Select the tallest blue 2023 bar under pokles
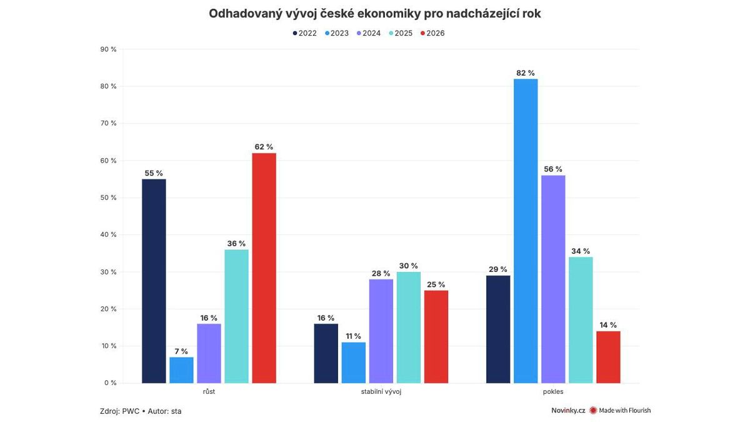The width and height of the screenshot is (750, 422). tap(526, 231)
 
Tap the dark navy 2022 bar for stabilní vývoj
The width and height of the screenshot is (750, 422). tap(326, 353)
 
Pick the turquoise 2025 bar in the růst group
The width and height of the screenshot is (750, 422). tap(236, 316)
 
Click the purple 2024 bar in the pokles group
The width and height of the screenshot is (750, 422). tap(553, 279)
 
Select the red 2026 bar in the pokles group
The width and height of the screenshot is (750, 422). tap(608, 357)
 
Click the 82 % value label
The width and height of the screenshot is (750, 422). tap(526, 73)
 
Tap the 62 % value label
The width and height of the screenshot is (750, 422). tap(264, 147)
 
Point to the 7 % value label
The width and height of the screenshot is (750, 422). tap(181, 351)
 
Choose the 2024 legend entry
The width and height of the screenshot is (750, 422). tap(368, 33)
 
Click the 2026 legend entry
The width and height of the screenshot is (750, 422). tap(432, 33)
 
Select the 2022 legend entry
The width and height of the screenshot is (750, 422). tap(304, 33)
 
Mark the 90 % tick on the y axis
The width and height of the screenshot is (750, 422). tap(109, 49)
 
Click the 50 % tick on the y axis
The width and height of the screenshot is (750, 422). tap(109, 198)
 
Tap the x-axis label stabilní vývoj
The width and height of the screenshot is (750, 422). tap(381, 392)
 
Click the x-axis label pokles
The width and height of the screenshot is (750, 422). tap(553, 392)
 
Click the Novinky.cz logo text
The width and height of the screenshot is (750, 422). tap(568, 410)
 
